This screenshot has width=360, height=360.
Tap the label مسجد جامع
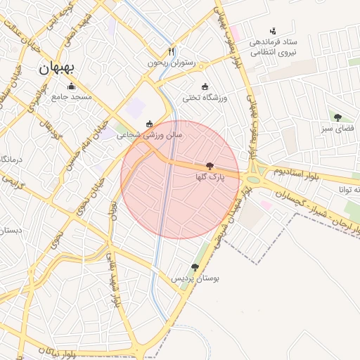(x=70, y=97)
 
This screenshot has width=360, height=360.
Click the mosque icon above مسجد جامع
(x=70, y=86)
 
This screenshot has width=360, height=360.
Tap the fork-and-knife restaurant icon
(x=171, y=52)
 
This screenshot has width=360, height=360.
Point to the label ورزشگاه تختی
(x=205, y=98)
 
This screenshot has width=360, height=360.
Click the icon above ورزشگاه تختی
(x=205, y=87)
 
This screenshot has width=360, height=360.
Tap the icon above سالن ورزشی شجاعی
(x=149, y=124)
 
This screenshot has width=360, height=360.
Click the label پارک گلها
(x=210, y=178)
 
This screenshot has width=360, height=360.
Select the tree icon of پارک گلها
(x=210, y=167)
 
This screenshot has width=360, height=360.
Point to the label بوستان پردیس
(x=196, y=278)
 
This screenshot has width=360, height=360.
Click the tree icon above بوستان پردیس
(x=195, y=267)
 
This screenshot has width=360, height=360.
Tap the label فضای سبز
(x=338, y=129)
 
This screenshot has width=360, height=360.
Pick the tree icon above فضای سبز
(x=338, y=117)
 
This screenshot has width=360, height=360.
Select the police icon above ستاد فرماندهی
(x=273, y=30)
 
